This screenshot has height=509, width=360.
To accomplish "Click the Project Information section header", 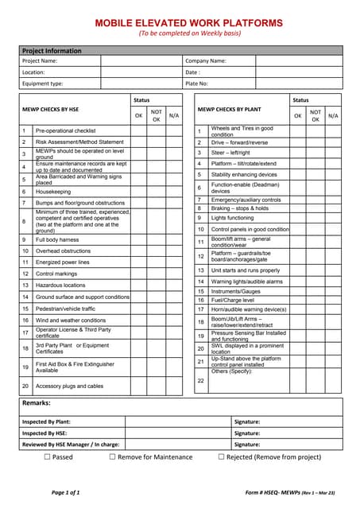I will tap(52, 51).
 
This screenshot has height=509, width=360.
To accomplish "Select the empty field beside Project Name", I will tap(140, 60).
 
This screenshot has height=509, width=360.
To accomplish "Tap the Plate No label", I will tap(197, 83).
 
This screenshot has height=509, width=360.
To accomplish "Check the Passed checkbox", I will tap(47, 457).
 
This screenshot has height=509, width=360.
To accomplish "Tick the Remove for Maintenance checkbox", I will tap(113, 457).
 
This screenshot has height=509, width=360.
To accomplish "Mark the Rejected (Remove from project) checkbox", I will tap(222, 457).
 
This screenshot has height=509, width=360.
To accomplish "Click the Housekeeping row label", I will tap(53, 192).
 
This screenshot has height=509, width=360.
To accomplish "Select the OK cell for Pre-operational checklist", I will tap(139, 130).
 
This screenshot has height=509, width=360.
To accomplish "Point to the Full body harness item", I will tap(58, 239).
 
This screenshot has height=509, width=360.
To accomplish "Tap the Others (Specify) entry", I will tap(231, 371).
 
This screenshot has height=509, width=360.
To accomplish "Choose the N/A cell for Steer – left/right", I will tap(333, 153).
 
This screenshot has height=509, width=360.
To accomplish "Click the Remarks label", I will tap(38, 404).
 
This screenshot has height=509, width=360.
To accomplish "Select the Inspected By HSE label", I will tap(46, 433).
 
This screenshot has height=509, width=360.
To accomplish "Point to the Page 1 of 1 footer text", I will tap(65, 493).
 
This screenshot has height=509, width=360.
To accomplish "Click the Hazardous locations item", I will tap(60, 285).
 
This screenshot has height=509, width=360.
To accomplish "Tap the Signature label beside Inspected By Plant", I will tap(248, 422).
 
